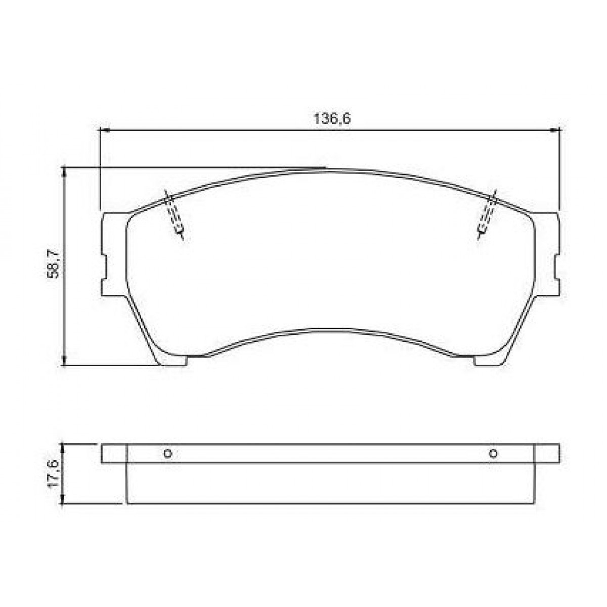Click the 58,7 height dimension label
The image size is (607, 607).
pyautogui.click(x=55, y=264)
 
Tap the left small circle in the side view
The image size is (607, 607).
pyautogui.click(x=168, y=454)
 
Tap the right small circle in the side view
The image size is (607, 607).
pyautogui.click(x=493, y=453)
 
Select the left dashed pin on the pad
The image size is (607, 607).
pyautogui.click(x=175, y=215)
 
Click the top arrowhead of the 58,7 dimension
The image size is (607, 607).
pyautogui.click(x=64, y=172)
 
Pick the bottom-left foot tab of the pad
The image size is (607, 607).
pyautogui.click(x=172, y=360)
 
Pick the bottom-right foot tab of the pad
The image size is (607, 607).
pyautogui.click(x=488, y=360)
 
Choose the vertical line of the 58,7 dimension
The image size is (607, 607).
pyautogui.click(x=64, y=303)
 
